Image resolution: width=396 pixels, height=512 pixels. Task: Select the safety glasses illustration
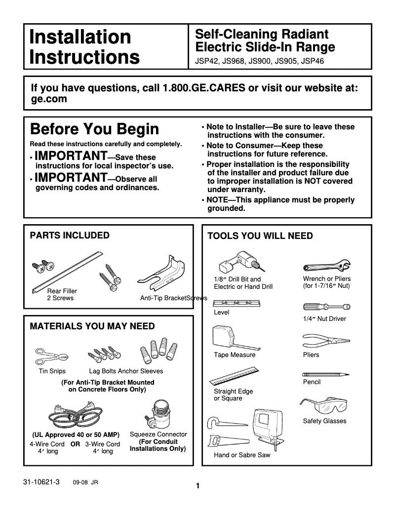(x=323, y=406)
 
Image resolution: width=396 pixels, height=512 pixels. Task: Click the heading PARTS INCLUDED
(x=70, y=236)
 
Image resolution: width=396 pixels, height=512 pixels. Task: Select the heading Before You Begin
(x=94, y=129)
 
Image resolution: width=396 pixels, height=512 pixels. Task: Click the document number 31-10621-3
(x=41, y=481)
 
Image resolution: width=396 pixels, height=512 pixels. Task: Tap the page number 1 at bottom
(x=198, y=486)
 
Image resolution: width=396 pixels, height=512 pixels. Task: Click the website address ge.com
(x=49, y=99)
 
